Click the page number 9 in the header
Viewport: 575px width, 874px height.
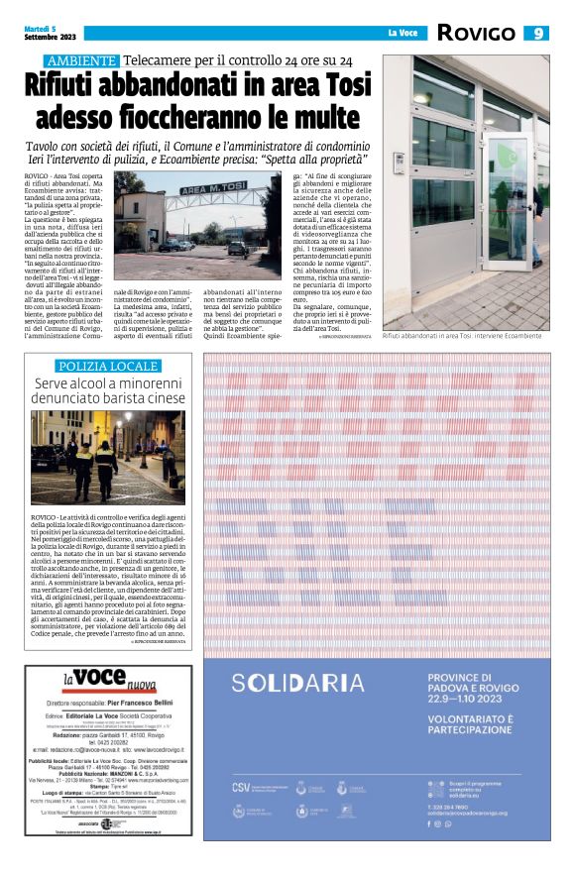coord(539,33)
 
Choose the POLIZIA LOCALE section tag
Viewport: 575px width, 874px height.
coord(107,367)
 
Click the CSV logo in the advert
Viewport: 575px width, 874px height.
coord(241,786)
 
